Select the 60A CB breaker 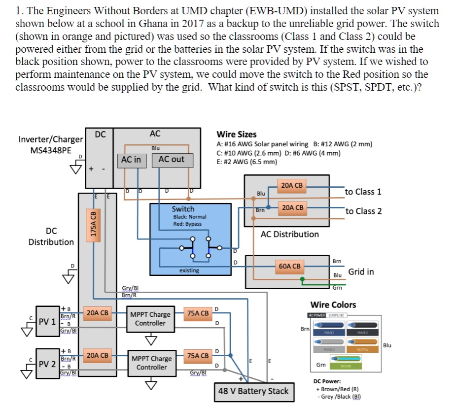[x=289, y=266]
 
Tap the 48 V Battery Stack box [x=253, y=391]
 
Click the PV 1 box [x=47, y=322]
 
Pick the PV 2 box [x=47, y=364]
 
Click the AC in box [x=131, y=159]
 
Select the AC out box [x=171, y=159]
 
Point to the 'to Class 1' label [x=363, y=192]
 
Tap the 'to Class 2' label [x=363, y=211]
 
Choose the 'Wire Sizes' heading [x=237, y=134]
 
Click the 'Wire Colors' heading [x=333, y=305]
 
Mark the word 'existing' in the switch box [x=189, y=270]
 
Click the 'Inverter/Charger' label [x=50, y=139]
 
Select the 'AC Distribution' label [x=289, y=234]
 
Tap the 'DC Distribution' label [x=51, y=236]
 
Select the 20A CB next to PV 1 [x=97, y=312]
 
